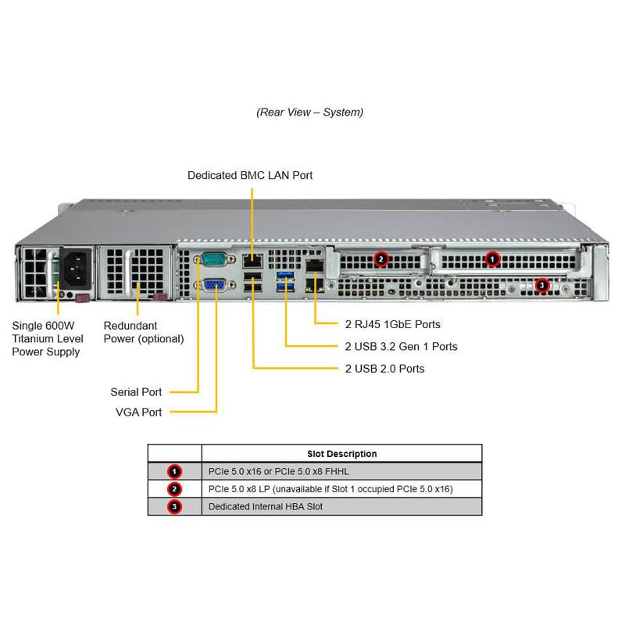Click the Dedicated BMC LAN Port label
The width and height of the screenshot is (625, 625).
[250, 175]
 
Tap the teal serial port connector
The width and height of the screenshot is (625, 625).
[212, 261]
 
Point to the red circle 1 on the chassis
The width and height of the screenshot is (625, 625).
[492, 259]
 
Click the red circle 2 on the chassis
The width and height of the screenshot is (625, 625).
[380, 259]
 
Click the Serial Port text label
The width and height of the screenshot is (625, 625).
[136, 391]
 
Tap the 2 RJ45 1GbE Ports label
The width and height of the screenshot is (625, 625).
[392, 324]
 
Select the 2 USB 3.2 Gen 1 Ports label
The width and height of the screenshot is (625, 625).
[401, 346]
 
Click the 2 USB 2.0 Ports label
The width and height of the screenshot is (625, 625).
[384, 368]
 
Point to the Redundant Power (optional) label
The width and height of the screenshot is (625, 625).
[144, 332]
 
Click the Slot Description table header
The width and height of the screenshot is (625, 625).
[341, 453]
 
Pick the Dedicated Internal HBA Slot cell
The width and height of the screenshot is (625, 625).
[265, 507]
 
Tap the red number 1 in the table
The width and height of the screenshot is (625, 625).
[174, 471]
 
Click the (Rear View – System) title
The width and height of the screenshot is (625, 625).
[310, 112]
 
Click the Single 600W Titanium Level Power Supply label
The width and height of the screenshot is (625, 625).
[46, 338]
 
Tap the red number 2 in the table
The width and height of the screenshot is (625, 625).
[174, 489]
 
